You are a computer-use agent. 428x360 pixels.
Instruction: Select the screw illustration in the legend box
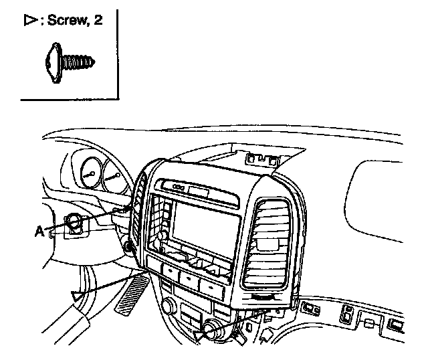point(69,62)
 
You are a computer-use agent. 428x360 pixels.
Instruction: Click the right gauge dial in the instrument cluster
point(114,177)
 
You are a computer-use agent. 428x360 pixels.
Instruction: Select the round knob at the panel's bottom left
point(168,307)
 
